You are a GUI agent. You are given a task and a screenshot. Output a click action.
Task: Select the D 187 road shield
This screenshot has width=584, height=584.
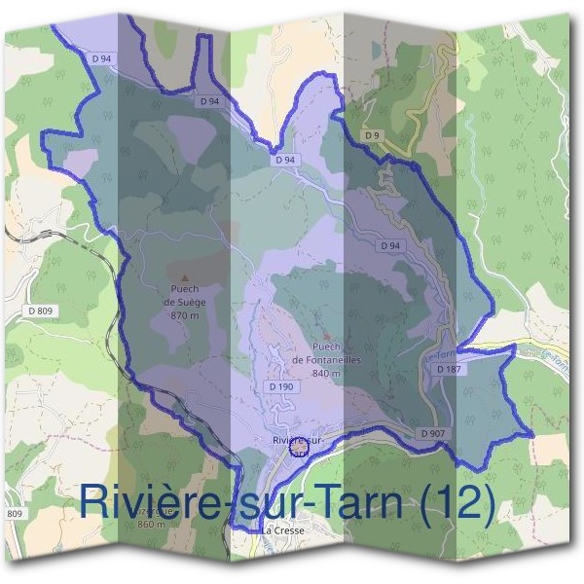coord(448,370)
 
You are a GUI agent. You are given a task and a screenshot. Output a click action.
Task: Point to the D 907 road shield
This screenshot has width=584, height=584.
coord(433,432)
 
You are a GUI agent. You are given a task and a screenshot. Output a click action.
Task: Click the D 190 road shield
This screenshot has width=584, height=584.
coord(279,386)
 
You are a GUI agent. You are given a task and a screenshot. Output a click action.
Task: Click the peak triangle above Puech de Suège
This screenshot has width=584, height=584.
coord(184,277)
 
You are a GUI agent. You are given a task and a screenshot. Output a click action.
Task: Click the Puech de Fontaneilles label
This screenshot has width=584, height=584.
coord(326,353)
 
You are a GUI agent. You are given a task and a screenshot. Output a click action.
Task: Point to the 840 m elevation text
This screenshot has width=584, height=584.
coord(326,373)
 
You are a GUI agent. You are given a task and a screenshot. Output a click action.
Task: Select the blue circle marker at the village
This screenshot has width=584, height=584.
coord(298,449)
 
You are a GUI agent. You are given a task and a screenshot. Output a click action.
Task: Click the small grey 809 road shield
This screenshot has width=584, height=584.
coord(15,513)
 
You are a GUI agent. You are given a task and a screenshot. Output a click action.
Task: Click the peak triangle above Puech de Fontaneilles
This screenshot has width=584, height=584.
coord(326,336)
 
